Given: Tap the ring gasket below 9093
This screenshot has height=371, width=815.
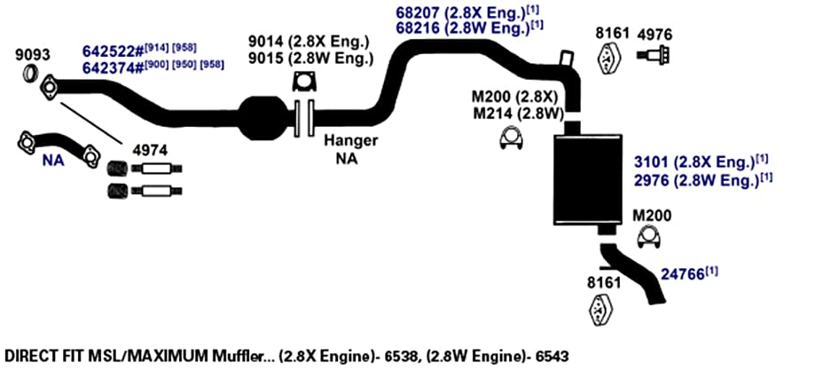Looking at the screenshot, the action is click(x=31, y=74).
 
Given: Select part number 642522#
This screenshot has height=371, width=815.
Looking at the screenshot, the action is click(x=113, y=51).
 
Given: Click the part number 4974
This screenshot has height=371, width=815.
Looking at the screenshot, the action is click(x=150, y=151).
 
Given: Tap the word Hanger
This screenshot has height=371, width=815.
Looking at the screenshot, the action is click(x=350, y=140).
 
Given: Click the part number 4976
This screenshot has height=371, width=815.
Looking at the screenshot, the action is click(x=654, y=35).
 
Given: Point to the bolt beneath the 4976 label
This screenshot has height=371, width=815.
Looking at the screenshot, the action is click(x=653, y=55).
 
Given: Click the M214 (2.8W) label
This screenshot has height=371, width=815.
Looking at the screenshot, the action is click(x=518, y=114).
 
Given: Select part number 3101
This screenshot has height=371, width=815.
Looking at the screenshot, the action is click(x=651, y=162).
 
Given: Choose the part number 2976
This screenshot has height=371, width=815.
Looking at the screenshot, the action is click(x=651, y=182).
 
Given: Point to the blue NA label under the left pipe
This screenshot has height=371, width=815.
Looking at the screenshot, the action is click(x=53, y=162).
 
